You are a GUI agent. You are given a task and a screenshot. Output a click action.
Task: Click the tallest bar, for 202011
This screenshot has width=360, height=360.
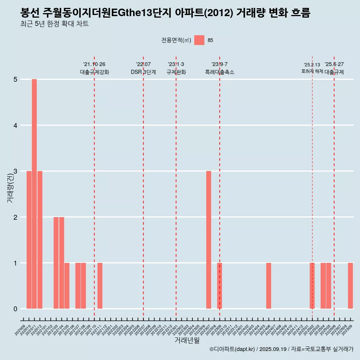[x=34, y=194]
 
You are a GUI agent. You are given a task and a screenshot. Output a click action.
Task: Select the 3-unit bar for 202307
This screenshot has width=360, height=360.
[x=208, y=240]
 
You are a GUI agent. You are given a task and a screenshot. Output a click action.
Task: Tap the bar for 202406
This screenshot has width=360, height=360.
[x=268, y=286]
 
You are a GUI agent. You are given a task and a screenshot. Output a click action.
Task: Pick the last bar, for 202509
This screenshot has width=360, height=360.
[x=350, y=286]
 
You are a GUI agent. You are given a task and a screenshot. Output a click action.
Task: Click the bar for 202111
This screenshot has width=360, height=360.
[x=100, y=286]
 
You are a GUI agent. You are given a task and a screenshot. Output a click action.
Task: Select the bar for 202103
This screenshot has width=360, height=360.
[x=56, y=263]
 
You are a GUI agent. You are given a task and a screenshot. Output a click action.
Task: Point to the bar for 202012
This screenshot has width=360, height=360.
[x=40, y=240]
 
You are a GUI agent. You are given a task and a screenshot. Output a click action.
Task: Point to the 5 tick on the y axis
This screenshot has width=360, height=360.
[x=16, y=79]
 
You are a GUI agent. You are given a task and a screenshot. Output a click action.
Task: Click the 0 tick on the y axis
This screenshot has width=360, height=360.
[x=16, y=309]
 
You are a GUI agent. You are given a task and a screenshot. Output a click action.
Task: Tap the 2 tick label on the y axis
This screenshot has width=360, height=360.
[x=16, y=217]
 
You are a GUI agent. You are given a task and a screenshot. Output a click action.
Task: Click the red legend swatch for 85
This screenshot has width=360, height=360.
[x=199, y=40]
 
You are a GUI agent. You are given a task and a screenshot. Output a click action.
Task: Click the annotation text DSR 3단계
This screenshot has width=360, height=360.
[x=143, y=72]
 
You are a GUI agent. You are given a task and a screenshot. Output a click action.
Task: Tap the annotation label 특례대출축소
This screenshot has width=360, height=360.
[x=220, y=72]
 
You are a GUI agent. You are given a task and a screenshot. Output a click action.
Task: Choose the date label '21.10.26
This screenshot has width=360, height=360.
[x=94, y=64]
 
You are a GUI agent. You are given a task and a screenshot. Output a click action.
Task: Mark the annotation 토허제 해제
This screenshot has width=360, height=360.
[x=312, y=71]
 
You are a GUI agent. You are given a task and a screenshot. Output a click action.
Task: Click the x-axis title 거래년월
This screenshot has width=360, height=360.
[x=187, y=340]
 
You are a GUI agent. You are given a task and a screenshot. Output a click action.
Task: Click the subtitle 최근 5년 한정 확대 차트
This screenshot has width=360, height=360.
[x=54, y=24]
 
